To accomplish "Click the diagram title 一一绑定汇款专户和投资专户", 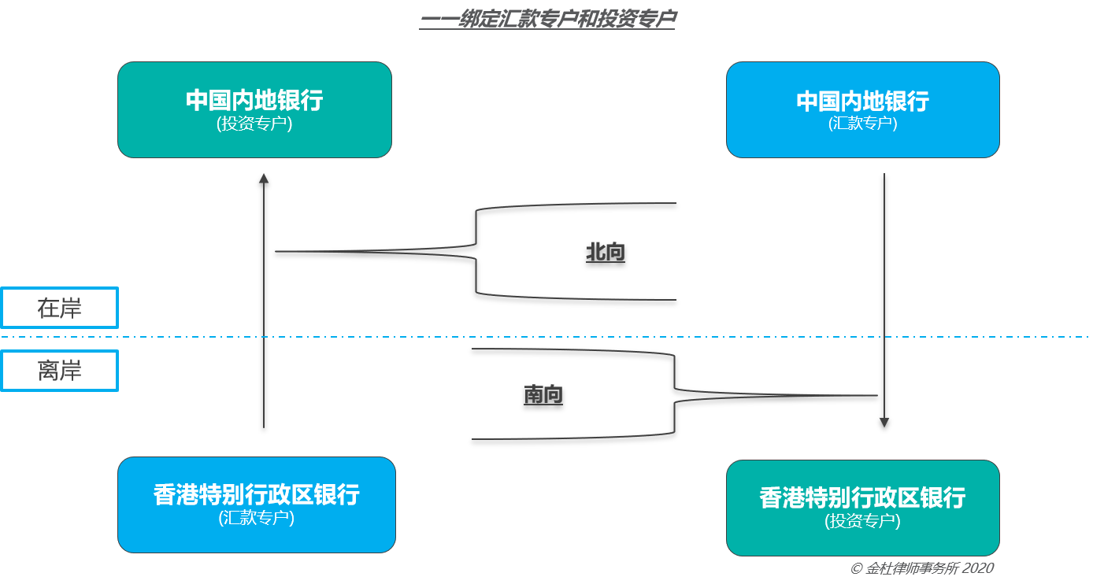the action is [x=547, y=19].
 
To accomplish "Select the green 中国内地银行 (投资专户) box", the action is [x=254, y=109].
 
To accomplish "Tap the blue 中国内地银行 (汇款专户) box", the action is [x=863, y=109].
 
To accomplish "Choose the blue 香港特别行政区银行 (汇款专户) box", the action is [x=257, y=505].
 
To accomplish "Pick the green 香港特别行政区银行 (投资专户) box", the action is [x=863, y=508].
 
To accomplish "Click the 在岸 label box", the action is [x=60, y=308].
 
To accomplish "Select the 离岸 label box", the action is [x=60, y=371].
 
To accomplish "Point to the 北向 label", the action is [x=606, y=252].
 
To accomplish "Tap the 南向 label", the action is [x=543, y=394].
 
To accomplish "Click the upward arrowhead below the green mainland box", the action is [x=264, y=179].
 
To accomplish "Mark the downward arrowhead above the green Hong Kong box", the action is [x=884, y=423].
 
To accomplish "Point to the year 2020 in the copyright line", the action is [x=978, y=568].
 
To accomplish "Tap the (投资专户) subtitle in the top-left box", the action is [x=254, y=124].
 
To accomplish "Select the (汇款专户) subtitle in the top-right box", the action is [x=863, y=124].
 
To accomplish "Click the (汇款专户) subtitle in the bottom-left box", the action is [x=257, y=518].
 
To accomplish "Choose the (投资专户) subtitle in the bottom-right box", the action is [x=863, y=522].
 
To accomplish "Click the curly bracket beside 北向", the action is [x=476, y=251].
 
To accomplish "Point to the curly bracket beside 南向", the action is [x=674, y=395].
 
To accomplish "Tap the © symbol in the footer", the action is [x=856, y=569].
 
